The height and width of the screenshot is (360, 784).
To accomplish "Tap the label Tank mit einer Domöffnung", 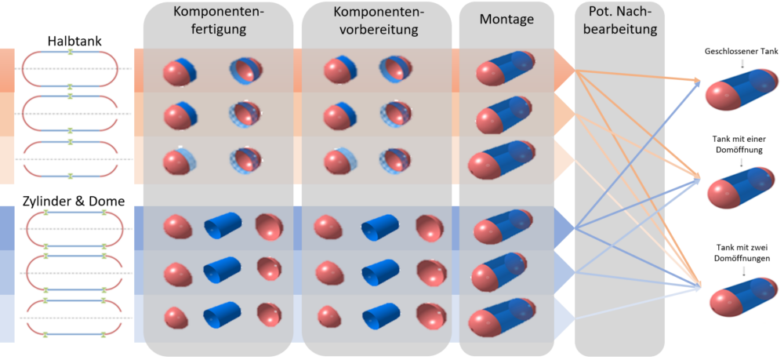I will [x=741, y=144].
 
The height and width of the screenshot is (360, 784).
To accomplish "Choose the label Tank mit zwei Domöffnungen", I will [x=741, y=253].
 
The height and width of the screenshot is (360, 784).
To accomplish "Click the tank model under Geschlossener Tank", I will [x=741, y=90].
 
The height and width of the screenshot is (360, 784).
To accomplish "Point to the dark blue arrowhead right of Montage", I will [x=564, y=227].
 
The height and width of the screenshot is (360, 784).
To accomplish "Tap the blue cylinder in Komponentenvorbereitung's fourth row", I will [x=377, y=229].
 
